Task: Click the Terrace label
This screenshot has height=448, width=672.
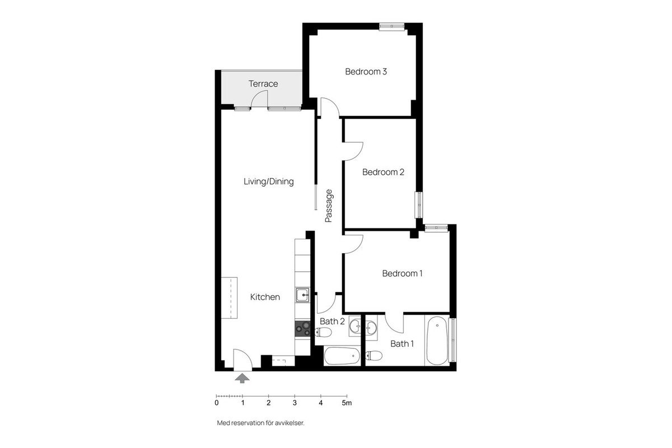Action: click(x=263, y=84)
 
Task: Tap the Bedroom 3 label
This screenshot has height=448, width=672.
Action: click(x=366, y=72)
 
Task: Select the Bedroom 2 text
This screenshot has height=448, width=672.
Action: click(x=383, y=172)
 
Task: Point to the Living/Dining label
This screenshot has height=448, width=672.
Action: click(x=268, y=181)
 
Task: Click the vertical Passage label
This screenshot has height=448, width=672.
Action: click(x=329, y=206)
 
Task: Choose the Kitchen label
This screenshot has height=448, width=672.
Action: click(x=265, y=297)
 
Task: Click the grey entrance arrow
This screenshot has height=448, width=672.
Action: click(x=242, y=379)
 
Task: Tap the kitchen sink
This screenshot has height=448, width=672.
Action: click(x=302, y=295)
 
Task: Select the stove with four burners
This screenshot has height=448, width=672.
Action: click(x=302, y=329)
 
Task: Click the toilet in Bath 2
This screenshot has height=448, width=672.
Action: click(x=324, y=333)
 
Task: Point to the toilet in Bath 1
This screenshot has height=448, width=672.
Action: click(x=375, y=355)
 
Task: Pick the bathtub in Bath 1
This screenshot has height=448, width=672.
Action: click(x=436, y=341)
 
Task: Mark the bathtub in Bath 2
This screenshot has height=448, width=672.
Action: click(x=342, y=356)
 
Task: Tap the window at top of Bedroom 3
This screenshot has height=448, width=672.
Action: click(x=391, y=26)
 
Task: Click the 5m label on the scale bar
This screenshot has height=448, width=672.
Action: click(x=347, y=403)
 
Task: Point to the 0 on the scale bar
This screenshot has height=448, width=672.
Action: click(x=217, y=403)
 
